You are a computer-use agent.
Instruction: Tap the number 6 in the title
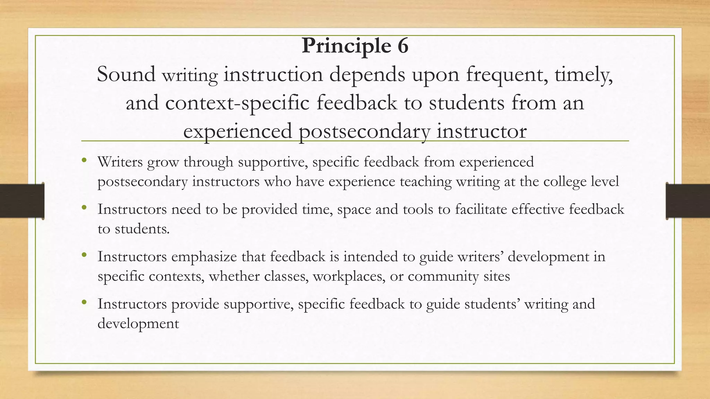[x=402, y=46]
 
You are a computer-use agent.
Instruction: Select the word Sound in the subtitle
[x=126, y=74]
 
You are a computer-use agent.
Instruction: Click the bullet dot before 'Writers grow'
[x=84, y=160]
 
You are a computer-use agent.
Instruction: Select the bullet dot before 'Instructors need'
[x=84, y=208]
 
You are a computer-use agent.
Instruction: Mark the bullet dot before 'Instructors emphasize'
[x=84, y=255]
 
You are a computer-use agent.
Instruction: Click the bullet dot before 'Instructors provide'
[x=84, y=302]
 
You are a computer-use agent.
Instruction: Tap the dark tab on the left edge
[x=22, y=201]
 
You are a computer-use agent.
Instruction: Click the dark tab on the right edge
[x=688, y=201]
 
